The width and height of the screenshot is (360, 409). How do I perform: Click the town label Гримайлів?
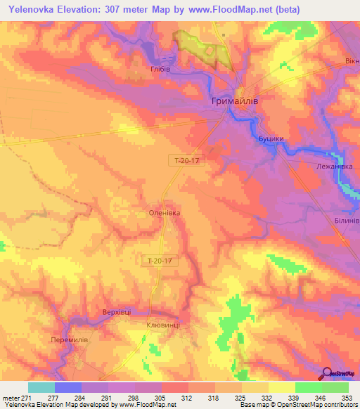point(239,102)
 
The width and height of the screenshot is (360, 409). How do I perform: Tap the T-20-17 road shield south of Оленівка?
point(160,260)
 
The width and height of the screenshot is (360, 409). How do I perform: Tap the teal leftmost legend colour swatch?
point(41,387)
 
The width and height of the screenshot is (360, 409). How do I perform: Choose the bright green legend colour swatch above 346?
point(308,387)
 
